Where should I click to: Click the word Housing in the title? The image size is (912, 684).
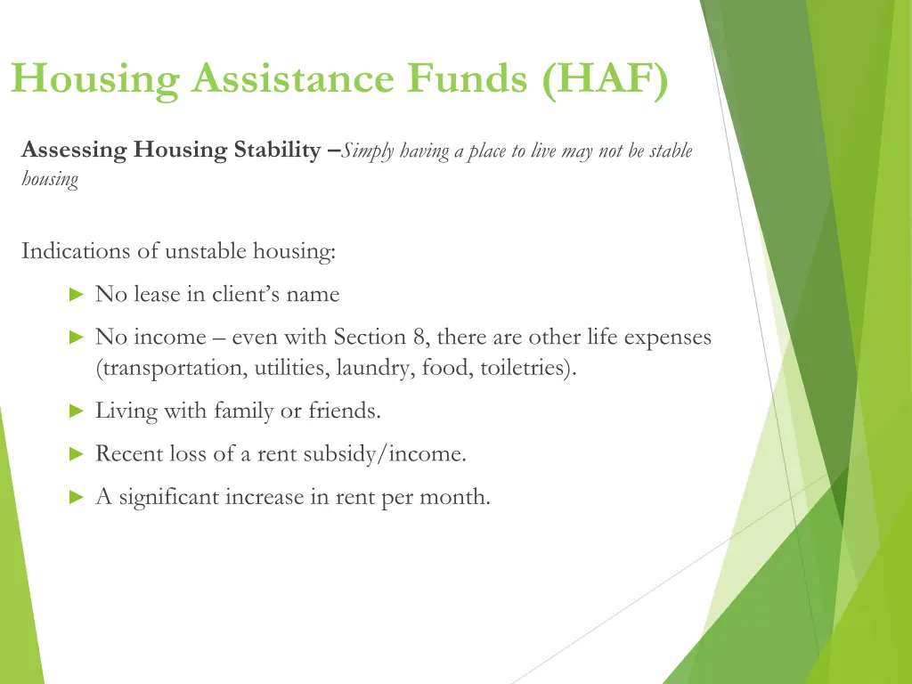tap(95, 80)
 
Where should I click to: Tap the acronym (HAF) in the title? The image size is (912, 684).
tap(605, 80)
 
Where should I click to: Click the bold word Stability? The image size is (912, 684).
tap(273, 150)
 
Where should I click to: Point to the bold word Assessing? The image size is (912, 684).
tap(74, 150)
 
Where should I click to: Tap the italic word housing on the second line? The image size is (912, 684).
tap(50, 180)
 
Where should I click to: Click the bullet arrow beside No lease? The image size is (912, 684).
tap(76, 294)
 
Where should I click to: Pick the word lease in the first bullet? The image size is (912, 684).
tap(157, 294)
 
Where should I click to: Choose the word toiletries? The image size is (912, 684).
tap(526, 367)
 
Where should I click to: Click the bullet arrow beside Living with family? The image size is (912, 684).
tap(76, 411)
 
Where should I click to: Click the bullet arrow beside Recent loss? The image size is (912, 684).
tap(76, 454)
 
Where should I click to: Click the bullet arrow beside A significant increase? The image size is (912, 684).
tap(76, 498)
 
